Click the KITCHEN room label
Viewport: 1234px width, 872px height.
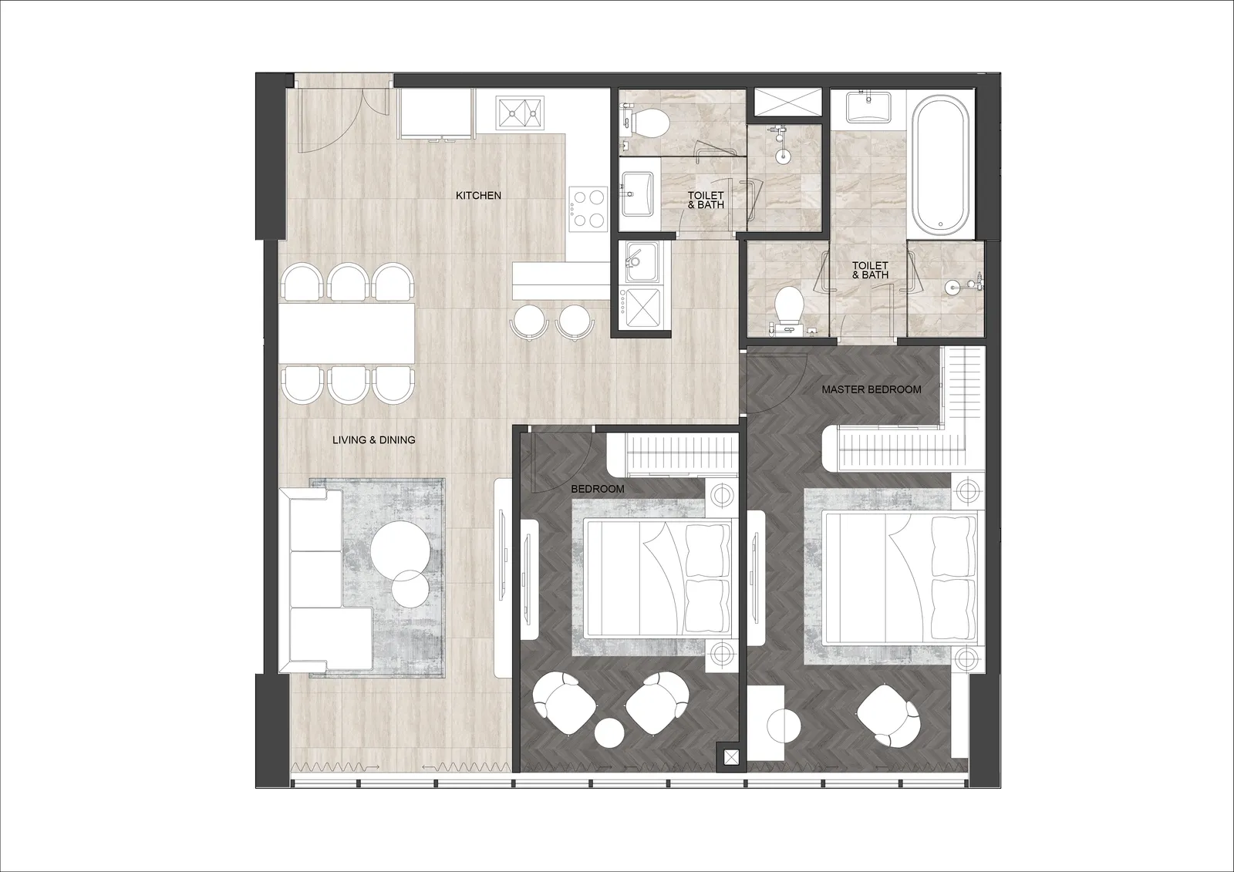click(x=478, y=196)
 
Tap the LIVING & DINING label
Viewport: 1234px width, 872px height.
click(x=373, y=439)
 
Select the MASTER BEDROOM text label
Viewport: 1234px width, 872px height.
click(x=872, y=389)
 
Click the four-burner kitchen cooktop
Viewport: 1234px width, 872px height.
click(x=588, y=209)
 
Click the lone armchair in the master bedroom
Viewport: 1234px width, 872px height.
click(x=888, y=715)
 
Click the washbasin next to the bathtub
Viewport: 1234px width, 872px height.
click(x=868, y=107)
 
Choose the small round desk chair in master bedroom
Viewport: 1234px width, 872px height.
click(x=784, y=726)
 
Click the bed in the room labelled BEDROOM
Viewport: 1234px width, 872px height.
click(x=659, y=577)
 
